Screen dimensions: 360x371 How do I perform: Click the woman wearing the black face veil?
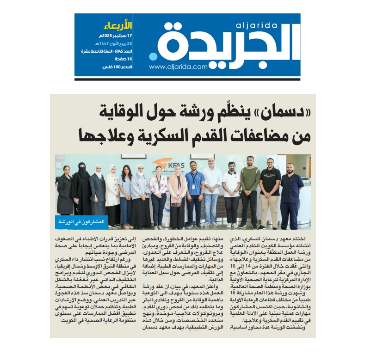81,194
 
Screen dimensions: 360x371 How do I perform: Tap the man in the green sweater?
250,194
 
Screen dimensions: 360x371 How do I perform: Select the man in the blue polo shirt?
194,194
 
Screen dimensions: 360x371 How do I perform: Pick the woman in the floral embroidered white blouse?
158,194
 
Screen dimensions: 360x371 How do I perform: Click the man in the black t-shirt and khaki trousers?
270,194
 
